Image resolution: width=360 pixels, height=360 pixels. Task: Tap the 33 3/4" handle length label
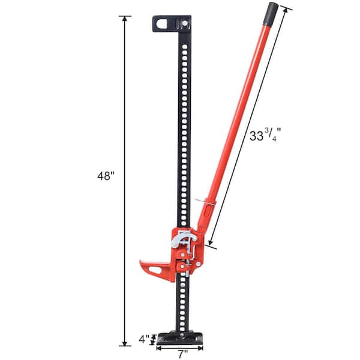pos(264,137)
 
